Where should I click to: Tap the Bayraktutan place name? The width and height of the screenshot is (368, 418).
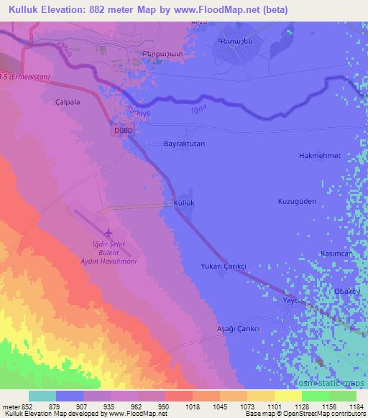point(185,144)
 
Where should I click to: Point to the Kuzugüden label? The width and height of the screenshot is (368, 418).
point(297,202)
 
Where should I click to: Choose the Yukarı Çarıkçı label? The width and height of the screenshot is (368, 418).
point(224,266)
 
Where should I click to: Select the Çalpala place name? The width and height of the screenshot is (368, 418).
point(70,103)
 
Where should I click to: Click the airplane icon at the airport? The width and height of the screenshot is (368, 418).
point(109,233)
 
